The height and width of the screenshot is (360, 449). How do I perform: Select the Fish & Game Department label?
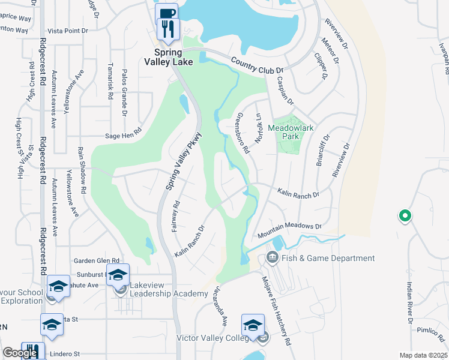[x=327, y=258]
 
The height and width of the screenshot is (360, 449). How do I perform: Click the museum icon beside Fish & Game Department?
[x=271, y=259]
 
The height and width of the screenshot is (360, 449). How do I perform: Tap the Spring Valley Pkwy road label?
[x=183, y=163]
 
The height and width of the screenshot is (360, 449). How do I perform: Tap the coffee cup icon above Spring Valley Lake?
[x=166, y=13]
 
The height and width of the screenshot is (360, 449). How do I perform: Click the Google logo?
[x=20, y=353]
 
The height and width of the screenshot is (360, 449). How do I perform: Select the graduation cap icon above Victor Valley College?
[x=253, y=325]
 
